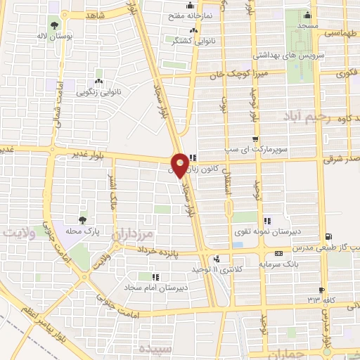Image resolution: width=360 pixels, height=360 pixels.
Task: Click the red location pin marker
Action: click(180, 165)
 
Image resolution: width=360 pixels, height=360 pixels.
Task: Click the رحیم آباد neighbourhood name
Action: click(302, 115)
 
